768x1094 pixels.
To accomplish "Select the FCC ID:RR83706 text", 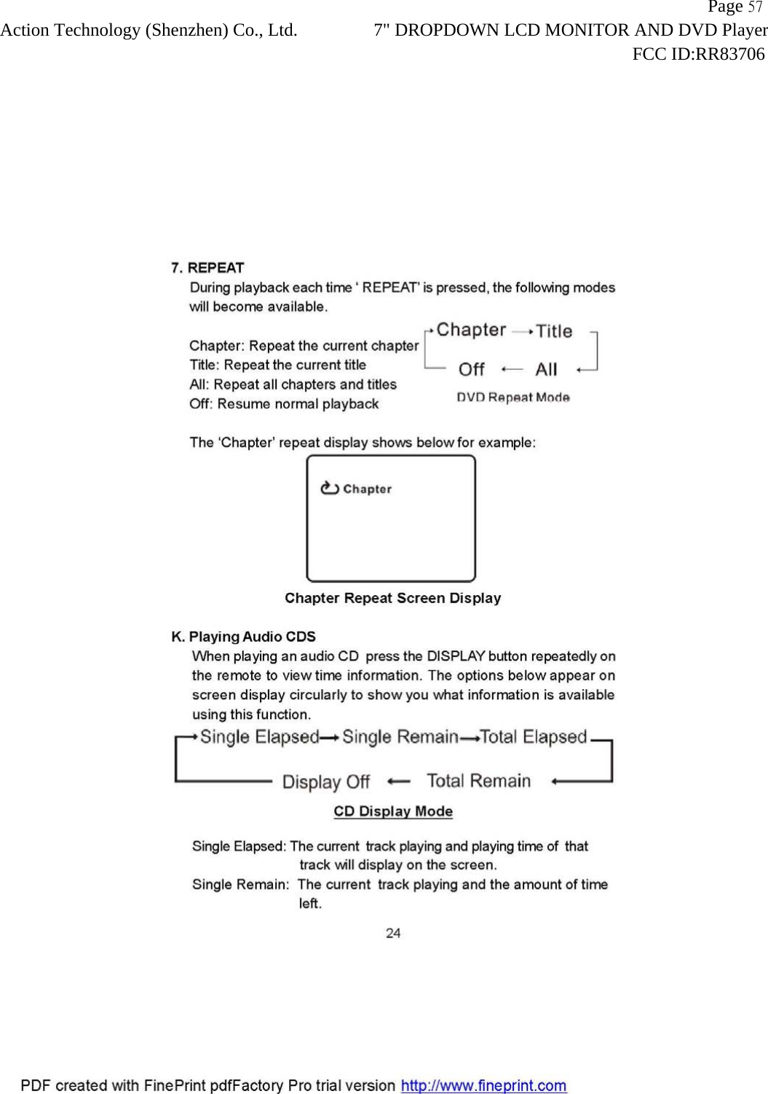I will tap(698, 54).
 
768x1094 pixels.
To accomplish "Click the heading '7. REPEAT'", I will tap(207, 267).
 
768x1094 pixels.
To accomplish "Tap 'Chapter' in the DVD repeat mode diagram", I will tap(471, 330).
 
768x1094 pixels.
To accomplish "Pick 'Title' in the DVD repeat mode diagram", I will tap(554, 331).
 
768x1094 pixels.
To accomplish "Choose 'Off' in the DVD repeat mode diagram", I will tap(471, 369).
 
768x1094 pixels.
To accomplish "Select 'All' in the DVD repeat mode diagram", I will tap(546, 369).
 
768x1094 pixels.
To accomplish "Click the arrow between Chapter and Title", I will tap(522, 331).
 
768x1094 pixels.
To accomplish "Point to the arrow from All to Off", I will tap(512, 369).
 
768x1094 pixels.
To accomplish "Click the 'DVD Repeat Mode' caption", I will tap(512, 397).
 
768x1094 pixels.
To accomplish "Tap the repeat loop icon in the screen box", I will tap(330, 488).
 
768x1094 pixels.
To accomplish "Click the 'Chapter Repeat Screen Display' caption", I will tap(392, 598).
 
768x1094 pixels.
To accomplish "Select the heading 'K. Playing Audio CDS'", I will tap(243, 637).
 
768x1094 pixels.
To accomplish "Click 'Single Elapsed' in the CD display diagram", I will tap(259, 737).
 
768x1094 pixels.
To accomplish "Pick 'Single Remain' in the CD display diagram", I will tap(400, 737).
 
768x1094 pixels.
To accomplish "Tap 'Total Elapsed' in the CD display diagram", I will tap(533, 737).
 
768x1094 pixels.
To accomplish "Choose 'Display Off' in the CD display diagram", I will tap(325, 782).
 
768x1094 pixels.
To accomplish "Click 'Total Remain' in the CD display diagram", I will tap(478, 781).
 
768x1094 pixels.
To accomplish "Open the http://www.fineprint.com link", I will tap(483, 1085).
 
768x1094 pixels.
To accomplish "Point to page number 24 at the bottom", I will tap(393, 933).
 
